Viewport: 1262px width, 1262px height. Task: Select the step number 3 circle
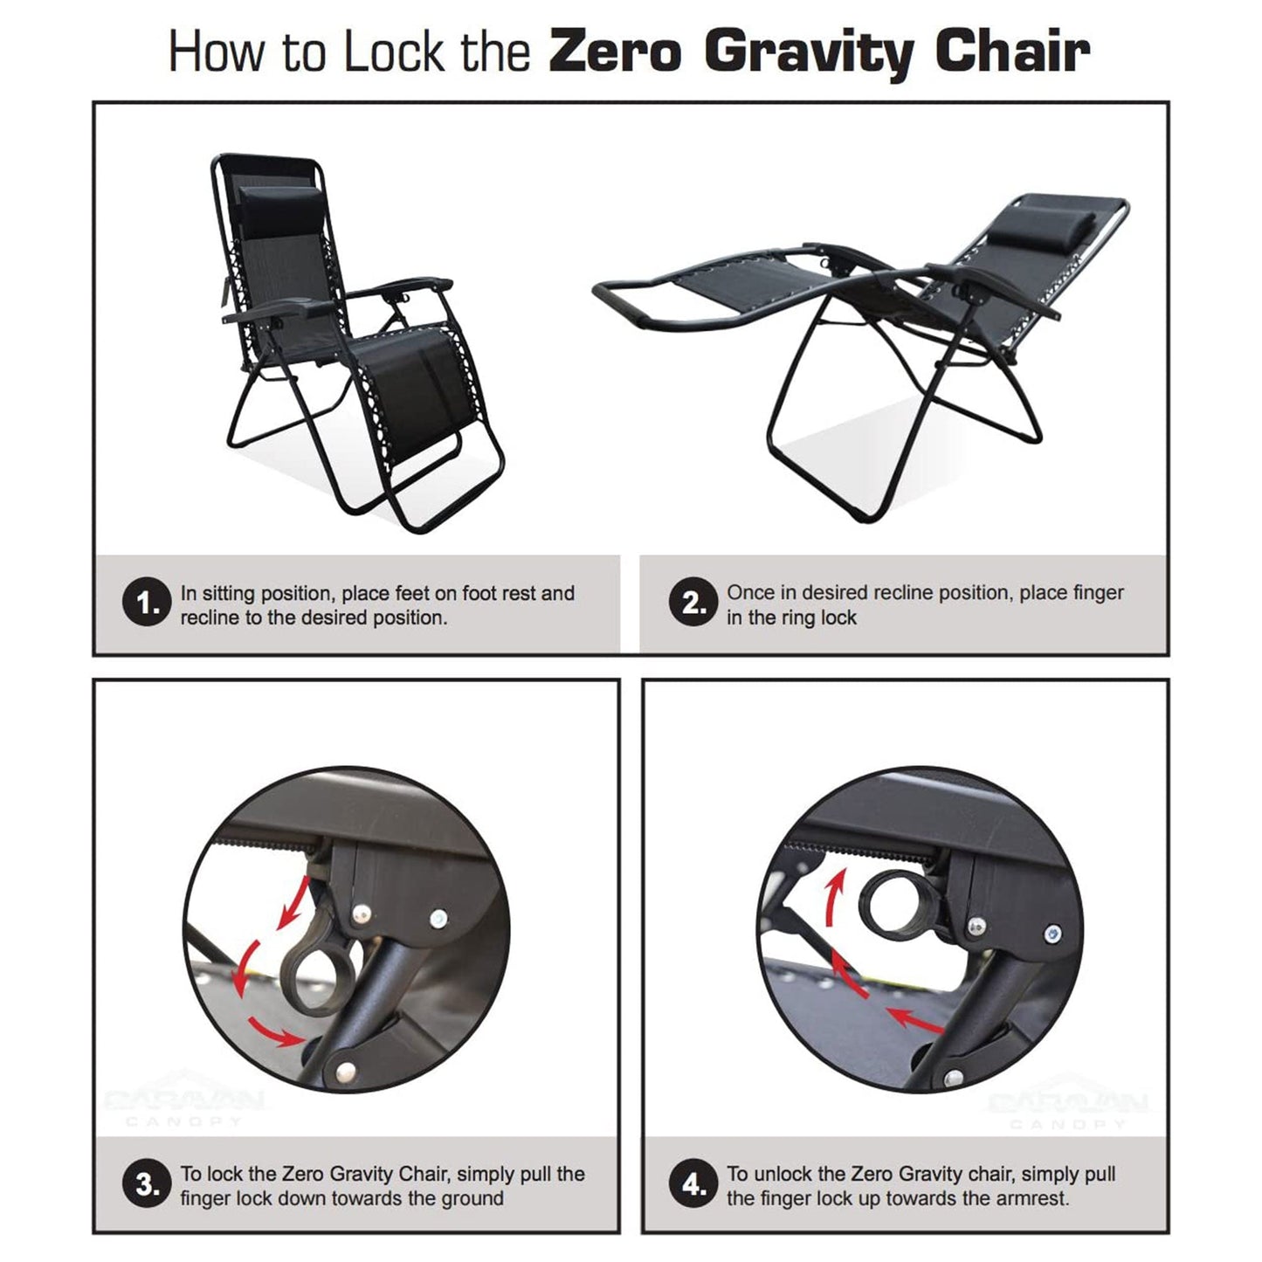coord(145,1185)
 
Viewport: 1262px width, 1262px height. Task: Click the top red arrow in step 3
coord(293,902)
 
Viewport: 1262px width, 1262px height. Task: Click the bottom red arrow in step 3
coord(273,1031)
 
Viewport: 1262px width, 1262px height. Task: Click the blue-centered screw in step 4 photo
coord(1053,934)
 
